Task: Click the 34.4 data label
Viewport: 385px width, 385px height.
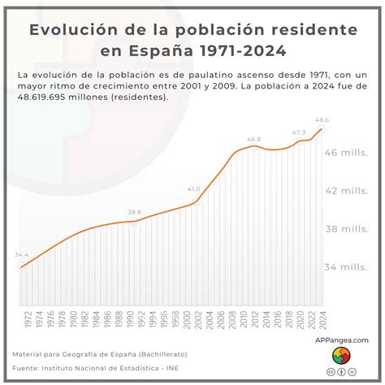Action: point(22,255)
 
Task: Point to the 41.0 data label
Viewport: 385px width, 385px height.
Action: point(194,188)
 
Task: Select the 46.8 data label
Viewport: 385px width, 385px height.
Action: point(254,139)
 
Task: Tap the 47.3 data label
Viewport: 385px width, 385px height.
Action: point(300,132)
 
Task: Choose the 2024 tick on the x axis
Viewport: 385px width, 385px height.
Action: point(322,319)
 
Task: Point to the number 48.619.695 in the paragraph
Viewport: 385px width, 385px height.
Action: point(46,97)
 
